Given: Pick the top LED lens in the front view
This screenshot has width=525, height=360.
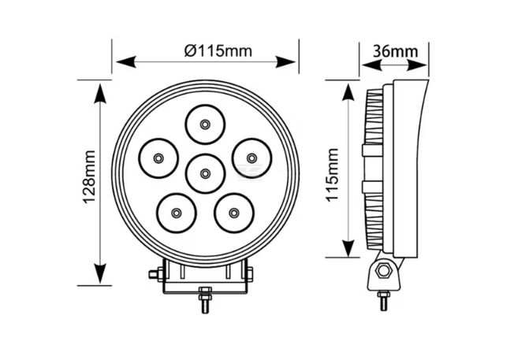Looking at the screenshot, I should (205, 124).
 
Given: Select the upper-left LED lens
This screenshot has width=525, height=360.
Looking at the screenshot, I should (158, 158).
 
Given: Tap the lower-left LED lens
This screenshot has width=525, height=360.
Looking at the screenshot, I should (176, 212).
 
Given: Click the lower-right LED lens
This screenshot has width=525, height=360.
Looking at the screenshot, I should (233, 212).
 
